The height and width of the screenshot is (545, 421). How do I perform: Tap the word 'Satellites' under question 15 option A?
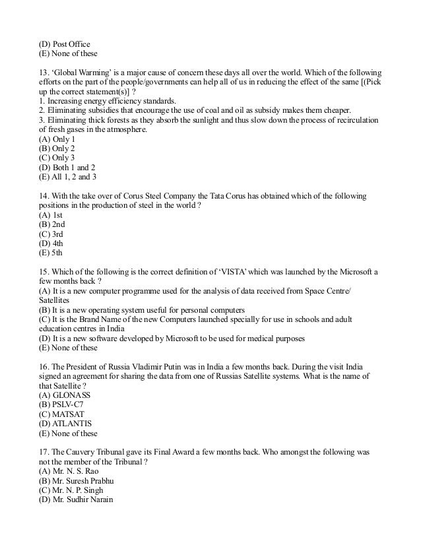55,300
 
